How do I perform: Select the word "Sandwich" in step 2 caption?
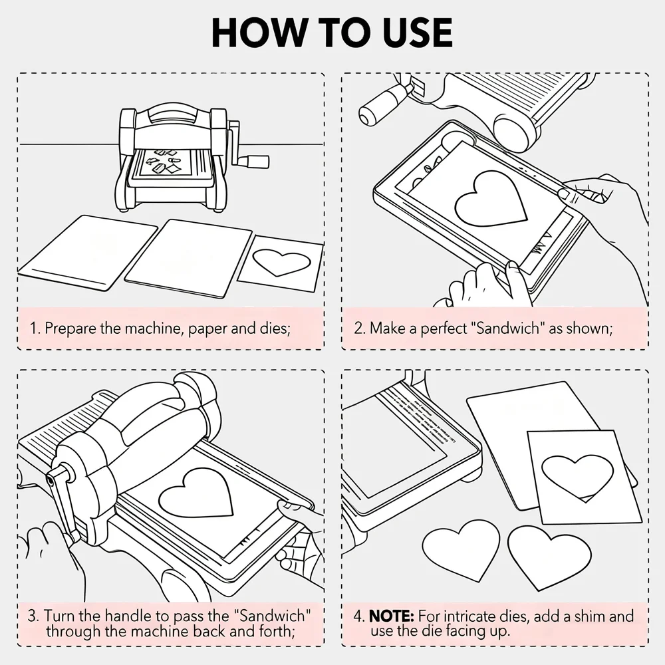(x=507, y=329)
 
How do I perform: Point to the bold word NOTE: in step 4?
(x=392, y=616)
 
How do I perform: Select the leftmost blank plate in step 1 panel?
(x=88, y=253)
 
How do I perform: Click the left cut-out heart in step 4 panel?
(x=462, y=550)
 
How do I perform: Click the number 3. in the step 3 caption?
(x=33, y=616)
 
